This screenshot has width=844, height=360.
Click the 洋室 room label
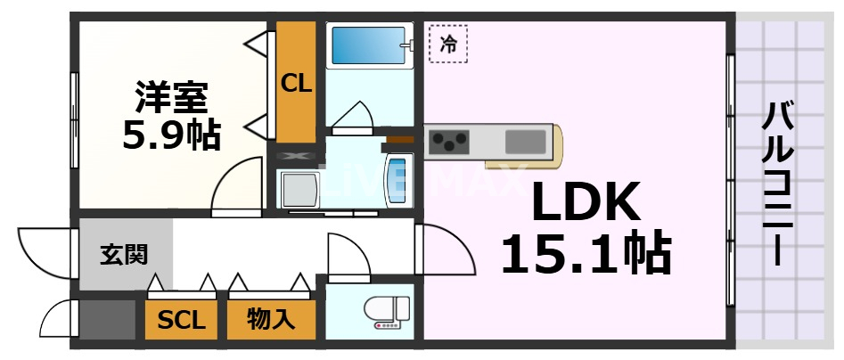(172, 94)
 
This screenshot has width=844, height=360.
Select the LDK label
(586, 203)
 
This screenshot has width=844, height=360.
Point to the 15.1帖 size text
(586, 254)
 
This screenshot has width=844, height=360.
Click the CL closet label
(296, 84)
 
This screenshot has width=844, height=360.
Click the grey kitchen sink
(527, 142)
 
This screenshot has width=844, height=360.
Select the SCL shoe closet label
(181, 319)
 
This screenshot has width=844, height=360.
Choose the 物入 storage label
(270, 319)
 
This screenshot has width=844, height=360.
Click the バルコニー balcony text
(781, 183)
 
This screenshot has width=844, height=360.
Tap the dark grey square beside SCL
(105, 319)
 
